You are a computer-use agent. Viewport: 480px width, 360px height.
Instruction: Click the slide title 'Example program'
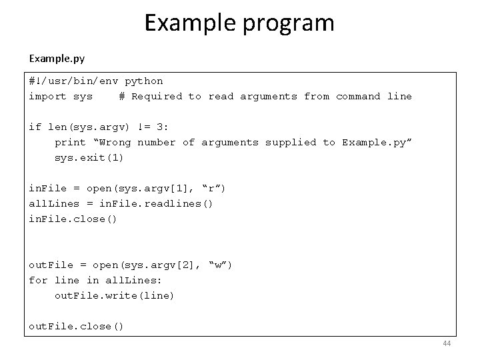click(x=239, y=23)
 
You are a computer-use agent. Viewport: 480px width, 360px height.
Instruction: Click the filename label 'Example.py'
click(x=57, y=59)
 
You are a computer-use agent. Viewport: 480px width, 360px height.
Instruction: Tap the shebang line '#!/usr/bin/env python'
click(x=95, y=81)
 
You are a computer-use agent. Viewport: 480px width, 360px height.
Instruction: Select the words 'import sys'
click(x=61, y=97)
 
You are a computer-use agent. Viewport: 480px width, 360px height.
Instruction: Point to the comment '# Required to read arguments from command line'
click(x=265, y=97)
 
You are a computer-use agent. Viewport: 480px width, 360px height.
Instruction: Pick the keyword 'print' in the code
click(x=70, y=143)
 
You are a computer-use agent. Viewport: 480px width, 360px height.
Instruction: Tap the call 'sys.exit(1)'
click(x=89, y=158)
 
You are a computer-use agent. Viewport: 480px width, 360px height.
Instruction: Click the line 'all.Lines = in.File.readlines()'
click(x=121, y=204)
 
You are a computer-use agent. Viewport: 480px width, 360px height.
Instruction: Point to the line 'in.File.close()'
click(x=73, y=219)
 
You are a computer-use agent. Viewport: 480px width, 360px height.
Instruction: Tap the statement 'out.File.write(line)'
click(x=114, y=296)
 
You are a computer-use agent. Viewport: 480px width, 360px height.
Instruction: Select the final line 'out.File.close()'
click(x=77, y=327)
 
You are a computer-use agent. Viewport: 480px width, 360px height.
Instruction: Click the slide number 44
click(x=446, y=343)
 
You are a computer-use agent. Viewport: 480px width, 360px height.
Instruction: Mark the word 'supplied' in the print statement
click(x=291, y=143)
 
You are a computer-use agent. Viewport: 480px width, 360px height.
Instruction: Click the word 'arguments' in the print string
click(x=230, y=143)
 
